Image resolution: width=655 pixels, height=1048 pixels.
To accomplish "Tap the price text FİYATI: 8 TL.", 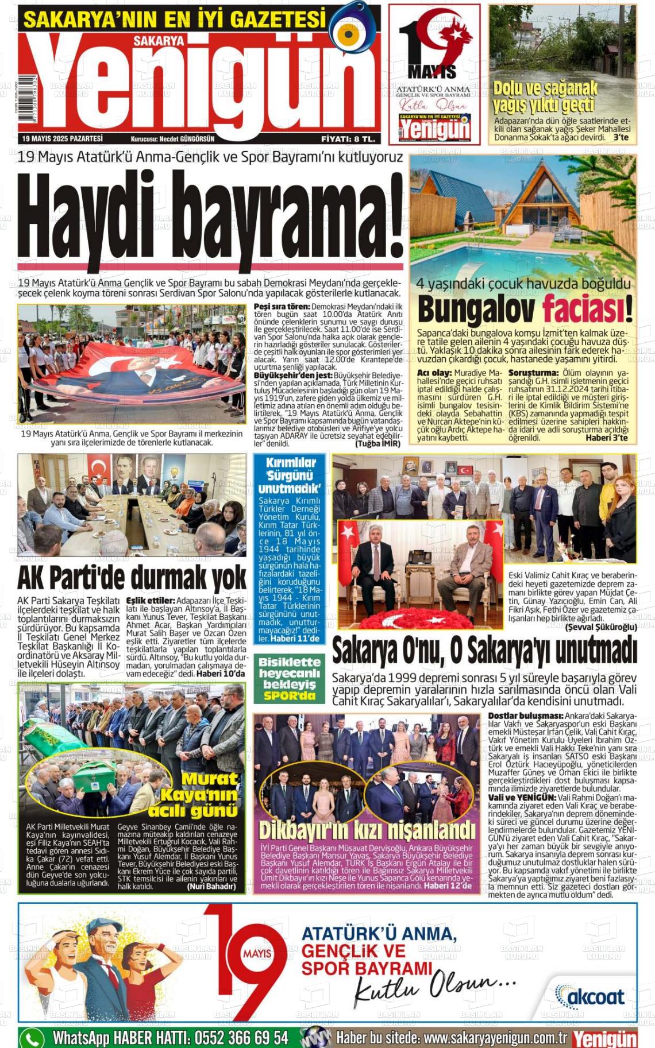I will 348,139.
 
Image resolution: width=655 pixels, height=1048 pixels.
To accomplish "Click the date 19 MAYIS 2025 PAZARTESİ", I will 62,139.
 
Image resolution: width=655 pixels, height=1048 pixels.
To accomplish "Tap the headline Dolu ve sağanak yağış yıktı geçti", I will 544,97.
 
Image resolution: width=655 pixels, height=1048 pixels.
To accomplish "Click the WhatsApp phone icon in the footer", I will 32,1038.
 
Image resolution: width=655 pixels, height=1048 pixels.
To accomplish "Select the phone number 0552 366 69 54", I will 241,1038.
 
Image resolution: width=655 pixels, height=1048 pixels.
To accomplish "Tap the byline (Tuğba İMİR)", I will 377,443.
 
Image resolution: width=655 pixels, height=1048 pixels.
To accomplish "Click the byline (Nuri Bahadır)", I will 211,886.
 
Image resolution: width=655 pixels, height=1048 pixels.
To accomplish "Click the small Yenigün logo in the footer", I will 604,1038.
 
